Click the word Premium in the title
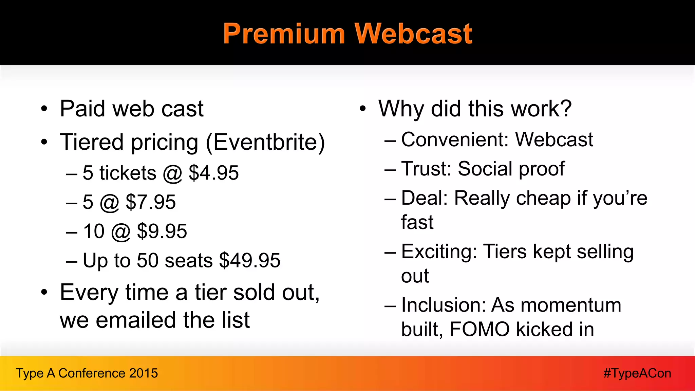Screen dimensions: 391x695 pos(284,34)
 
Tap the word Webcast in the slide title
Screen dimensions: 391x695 pos(413,34)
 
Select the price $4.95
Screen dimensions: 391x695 pos(213,173)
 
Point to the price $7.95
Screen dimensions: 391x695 pos(151,202)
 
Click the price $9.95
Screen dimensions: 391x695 pos(162,231)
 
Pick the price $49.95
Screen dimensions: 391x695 pos(250,260)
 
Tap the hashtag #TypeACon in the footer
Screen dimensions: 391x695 pos(637,373)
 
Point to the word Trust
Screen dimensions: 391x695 pos(426,169)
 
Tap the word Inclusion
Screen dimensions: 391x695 pos(443,305)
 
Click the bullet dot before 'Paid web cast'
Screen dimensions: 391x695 pos(44,109)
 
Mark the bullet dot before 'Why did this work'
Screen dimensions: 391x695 pos(363,109)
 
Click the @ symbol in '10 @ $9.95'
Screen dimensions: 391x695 pos(120,232)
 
